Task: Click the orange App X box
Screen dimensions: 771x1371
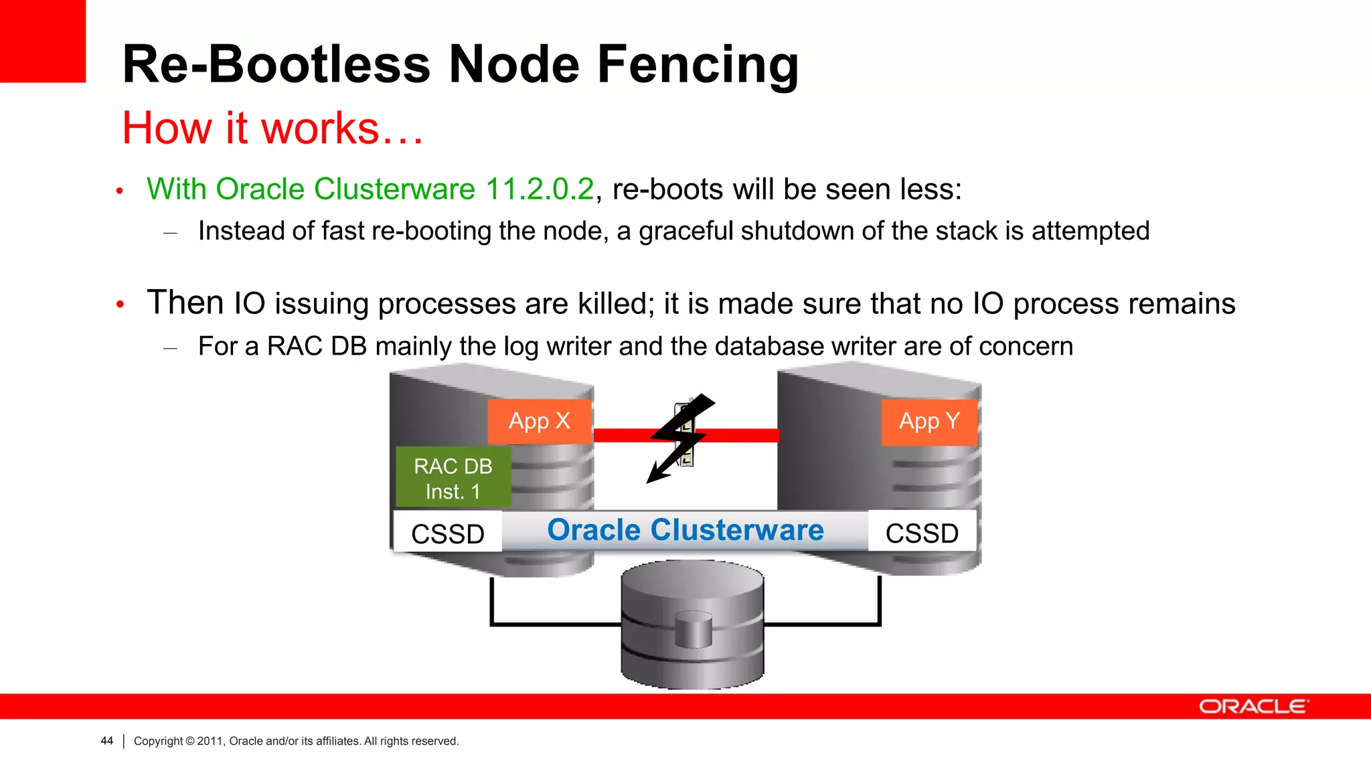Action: [x=539, y=422]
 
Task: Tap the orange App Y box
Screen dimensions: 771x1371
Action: [x=929, y=422]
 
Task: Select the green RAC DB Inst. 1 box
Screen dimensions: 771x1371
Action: [x=453, y=478]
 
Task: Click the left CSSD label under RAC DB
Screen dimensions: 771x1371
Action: [x=447, y=533]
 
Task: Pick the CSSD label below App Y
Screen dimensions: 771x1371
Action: [x=922, y=533]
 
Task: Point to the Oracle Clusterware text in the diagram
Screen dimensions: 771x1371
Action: [x=685, y=530]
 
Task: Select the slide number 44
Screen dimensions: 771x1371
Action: [x=106, y=741]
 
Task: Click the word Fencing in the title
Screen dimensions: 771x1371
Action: [x=698, y=65]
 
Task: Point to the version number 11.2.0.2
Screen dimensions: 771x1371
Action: [x=539, y=189]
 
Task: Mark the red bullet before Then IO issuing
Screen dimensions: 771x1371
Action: [x=120, y=305]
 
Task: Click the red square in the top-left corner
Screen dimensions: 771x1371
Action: [x=43, y=41]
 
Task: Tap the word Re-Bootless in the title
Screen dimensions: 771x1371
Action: [x=276, y=65]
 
